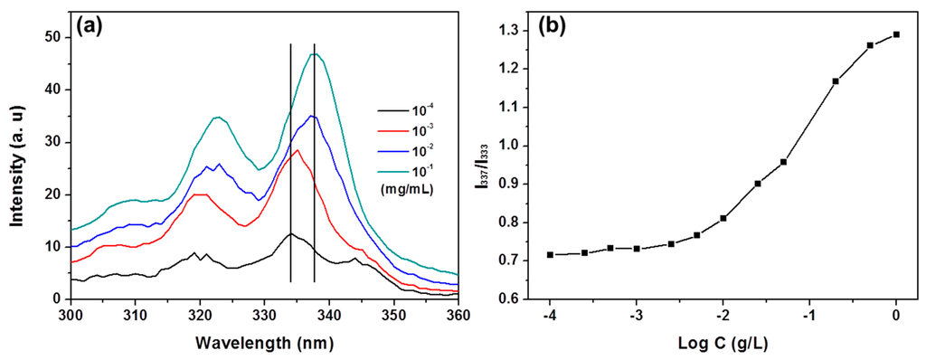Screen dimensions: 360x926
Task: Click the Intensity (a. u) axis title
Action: pos(18,167)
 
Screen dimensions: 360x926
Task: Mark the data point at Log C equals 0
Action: pos(896,34)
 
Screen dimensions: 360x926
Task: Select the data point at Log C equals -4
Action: pos(550,255)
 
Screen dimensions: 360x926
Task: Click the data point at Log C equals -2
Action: pos(723,218)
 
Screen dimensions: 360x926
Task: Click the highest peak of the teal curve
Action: pos(314,54)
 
